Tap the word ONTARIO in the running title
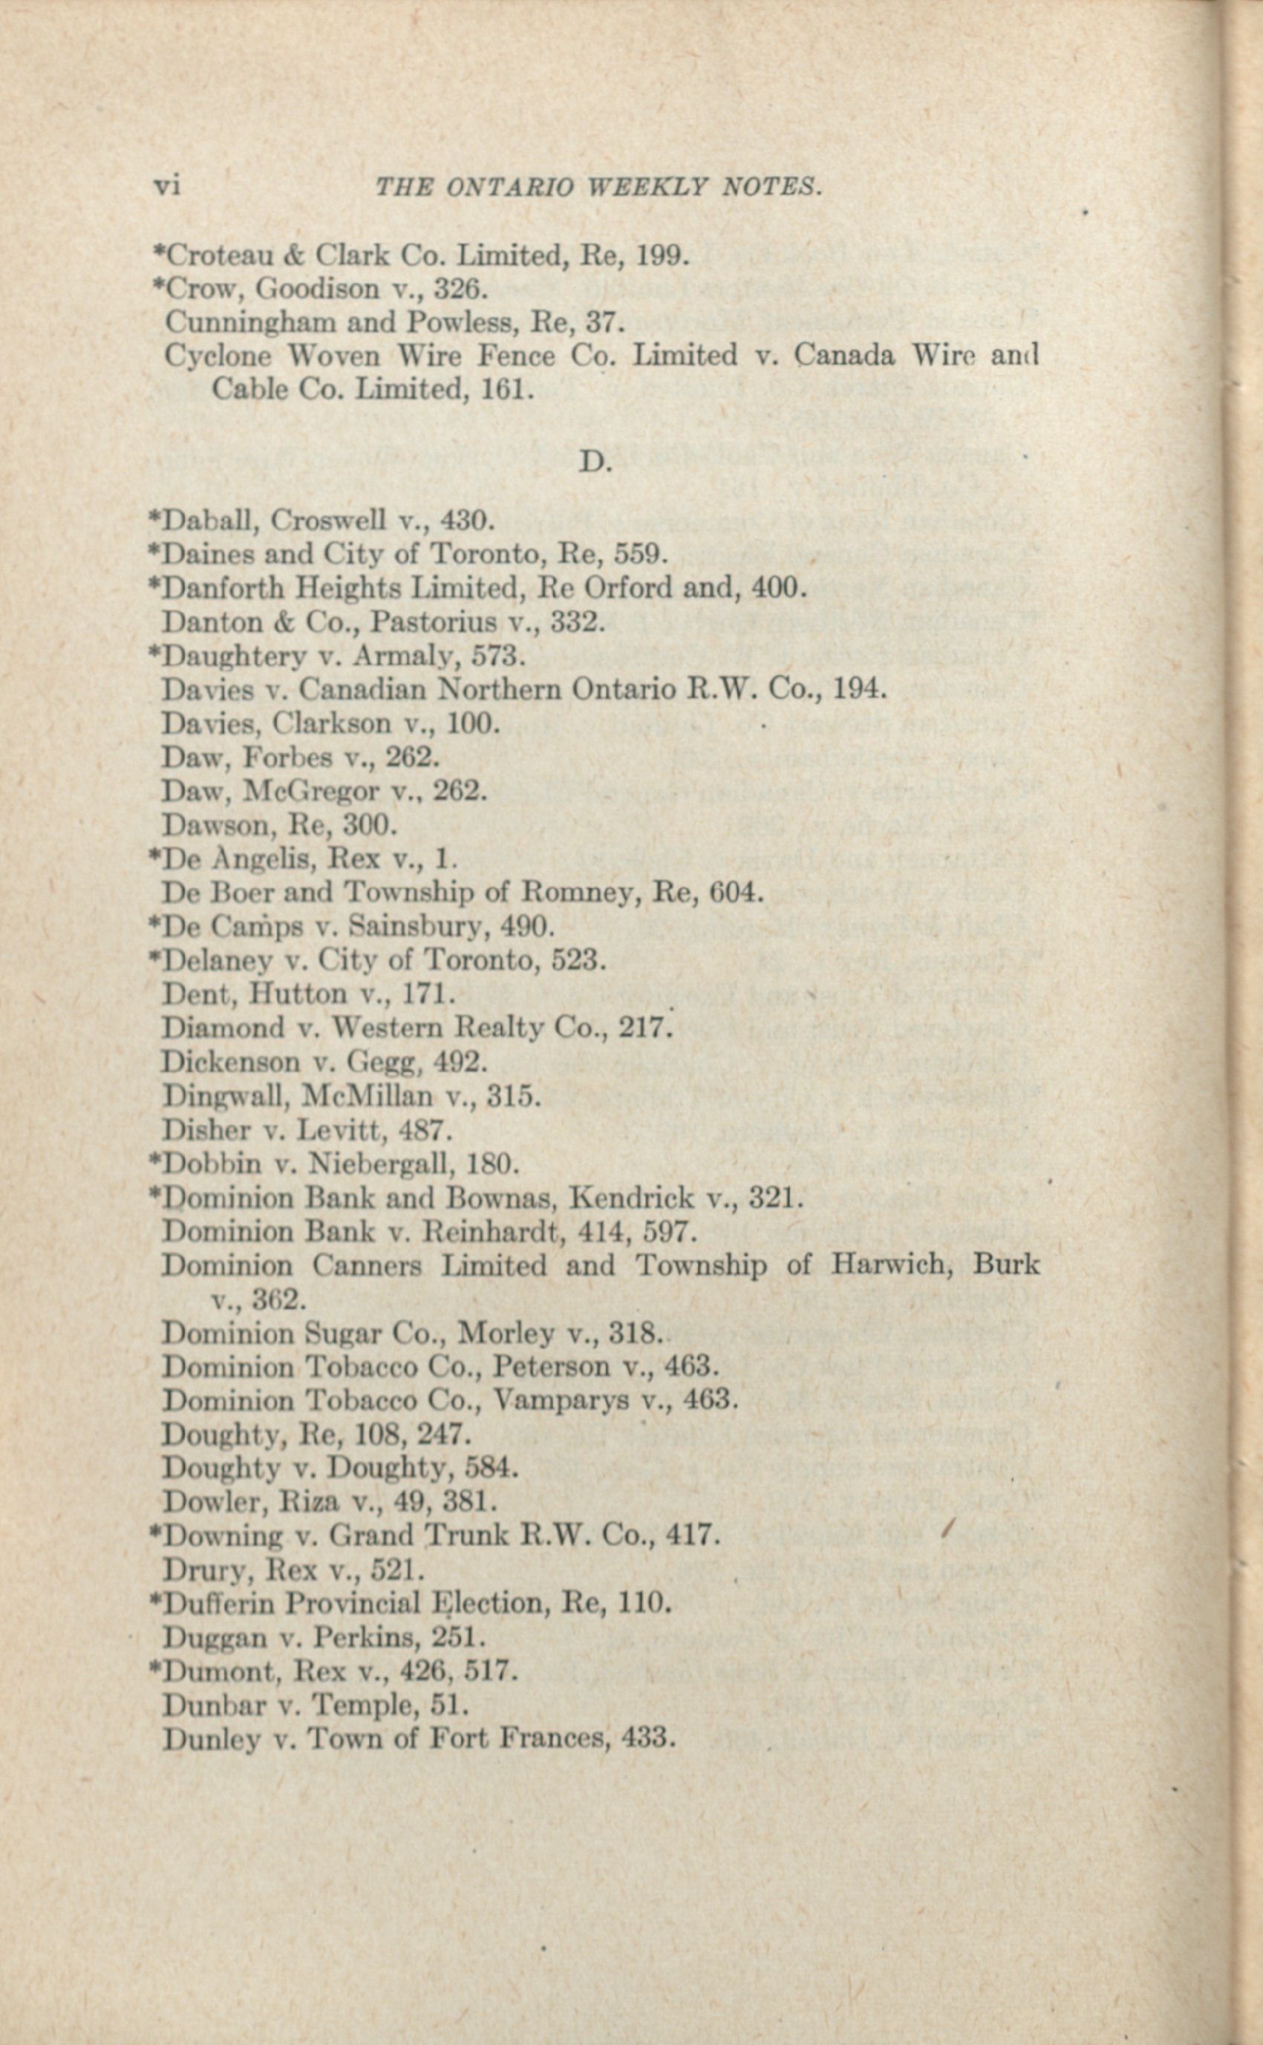pos(509,188)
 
